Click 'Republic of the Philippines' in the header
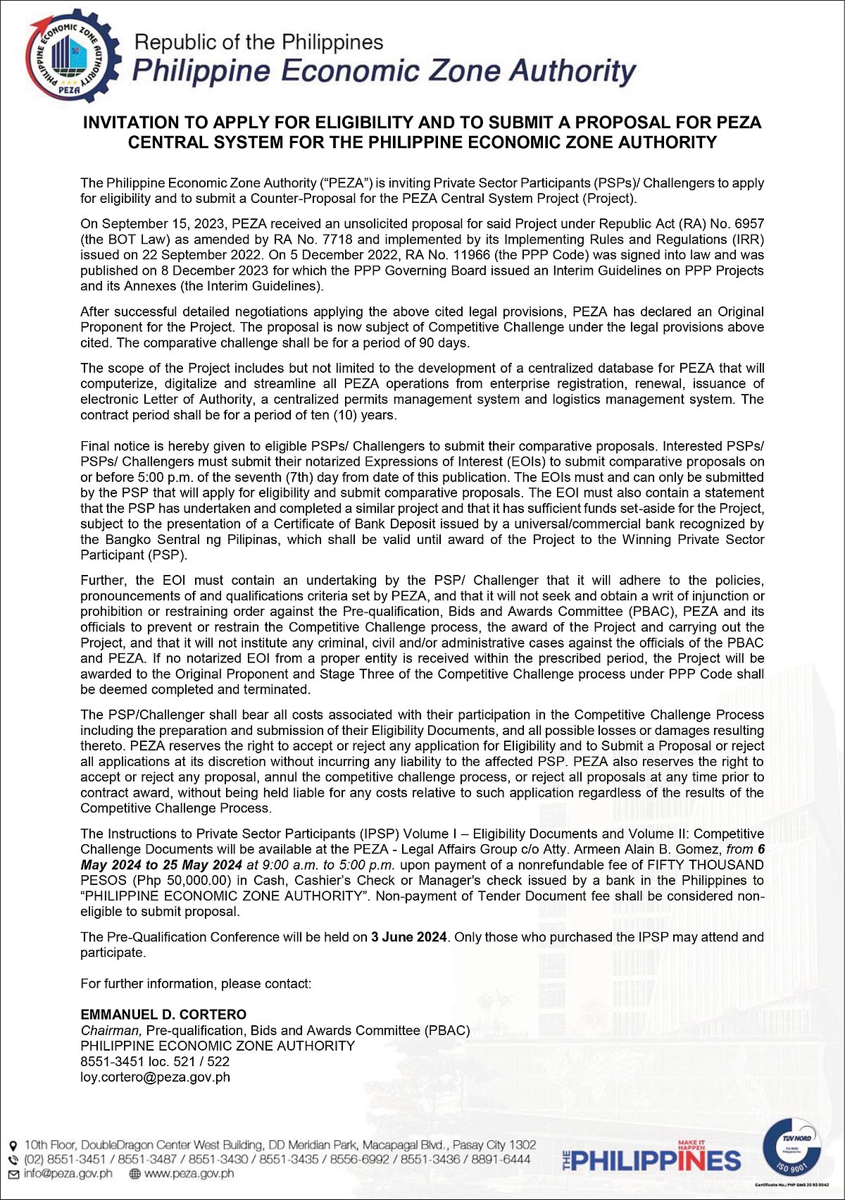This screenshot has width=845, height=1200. [258, 42]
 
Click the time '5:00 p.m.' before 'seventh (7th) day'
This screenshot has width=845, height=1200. [144, 478]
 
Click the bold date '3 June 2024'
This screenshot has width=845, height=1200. [408, 937]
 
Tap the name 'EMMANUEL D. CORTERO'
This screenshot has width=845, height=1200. [163, 1015]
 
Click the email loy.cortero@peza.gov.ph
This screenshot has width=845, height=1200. [155, 1077]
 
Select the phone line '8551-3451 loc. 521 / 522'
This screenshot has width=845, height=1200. [155, 1061]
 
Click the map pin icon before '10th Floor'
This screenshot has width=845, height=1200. [13, 1146]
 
